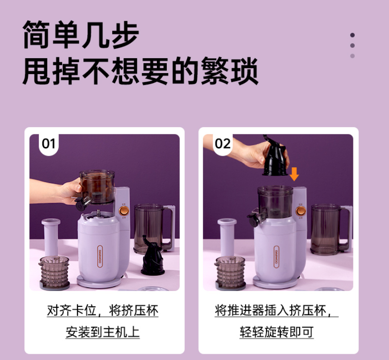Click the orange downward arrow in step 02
tap(294, 174)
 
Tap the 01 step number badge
tap(49, 144)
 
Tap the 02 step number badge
tap(223, 144)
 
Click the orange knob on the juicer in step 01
tap(124, 211)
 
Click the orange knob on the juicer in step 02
tap(301, 211)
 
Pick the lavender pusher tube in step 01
tap(51, 237)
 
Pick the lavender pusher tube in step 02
tap(227, 237)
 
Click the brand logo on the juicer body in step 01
tap(100, 257)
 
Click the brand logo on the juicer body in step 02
tap(276, 257)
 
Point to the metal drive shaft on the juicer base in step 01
tap(99, 213)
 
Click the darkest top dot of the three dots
tap(352, 35)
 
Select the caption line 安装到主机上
tap(103, 332)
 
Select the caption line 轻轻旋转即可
tap(277, 332)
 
